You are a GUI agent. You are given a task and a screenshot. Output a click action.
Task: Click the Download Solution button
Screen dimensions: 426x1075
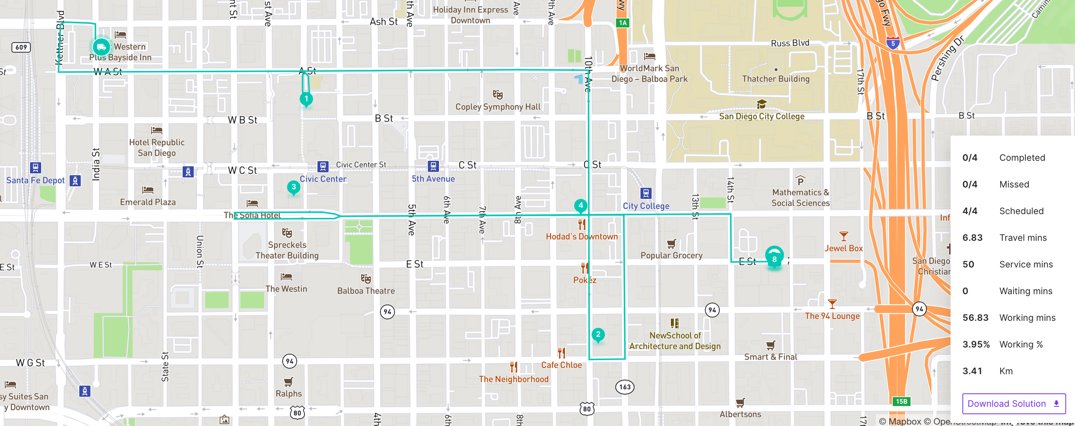click(x=1014, y=404)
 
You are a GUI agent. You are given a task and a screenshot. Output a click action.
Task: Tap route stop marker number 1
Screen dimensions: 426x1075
click(x=306, y=99)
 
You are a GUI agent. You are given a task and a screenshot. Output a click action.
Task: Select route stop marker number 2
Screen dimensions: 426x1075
click(x=598, y=335)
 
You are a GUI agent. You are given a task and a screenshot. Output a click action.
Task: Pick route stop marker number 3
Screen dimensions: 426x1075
click(x=293, y=187)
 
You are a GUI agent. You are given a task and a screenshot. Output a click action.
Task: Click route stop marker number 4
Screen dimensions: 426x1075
click(x=580, y=206)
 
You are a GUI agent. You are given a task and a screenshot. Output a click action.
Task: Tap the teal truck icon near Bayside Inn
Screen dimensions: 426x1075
click(x=101, y=47)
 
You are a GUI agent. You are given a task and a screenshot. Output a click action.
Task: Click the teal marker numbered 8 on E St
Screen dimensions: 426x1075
click(x=774, y=258)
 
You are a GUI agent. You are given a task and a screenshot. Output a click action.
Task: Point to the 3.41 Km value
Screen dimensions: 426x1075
click(x=972, y=371)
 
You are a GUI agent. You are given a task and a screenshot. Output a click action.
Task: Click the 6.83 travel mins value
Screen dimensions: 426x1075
click(x=972, y=238)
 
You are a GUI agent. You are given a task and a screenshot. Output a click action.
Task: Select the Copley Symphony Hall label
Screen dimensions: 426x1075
click(x=498, y=107)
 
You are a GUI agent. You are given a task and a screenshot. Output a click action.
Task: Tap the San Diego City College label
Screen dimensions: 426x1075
click(x=761, y=116)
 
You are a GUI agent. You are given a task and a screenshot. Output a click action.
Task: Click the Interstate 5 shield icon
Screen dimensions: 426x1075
click(x=893, y=43)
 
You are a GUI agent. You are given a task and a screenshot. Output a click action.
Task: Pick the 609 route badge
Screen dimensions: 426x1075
click(x=21, y=47)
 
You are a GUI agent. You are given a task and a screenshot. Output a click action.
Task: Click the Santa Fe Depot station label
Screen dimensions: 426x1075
click(x=35, y=180)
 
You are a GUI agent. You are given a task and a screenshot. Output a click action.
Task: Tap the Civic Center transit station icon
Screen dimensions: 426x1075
click(x=322, y=166)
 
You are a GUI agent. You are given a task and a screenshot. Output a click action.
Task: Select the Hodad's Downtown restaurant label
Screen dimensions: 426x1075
click(x=581, y=237)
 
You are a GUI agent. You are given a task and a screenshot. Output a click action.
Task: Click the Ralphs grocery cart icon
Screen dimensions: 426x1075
click(x=288, y=382)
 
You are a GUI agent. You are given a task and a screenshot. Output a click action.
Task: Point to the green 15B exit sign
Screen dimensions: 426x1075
click(x=901, y=401)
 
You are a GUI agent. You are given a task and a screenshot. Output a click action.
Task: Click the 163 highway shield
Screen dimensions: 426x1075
click(x=625, y=387)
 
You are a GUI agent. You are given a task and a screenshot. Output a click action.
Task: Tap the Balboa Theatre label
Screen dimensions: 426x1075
click(x=366, y=291)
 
